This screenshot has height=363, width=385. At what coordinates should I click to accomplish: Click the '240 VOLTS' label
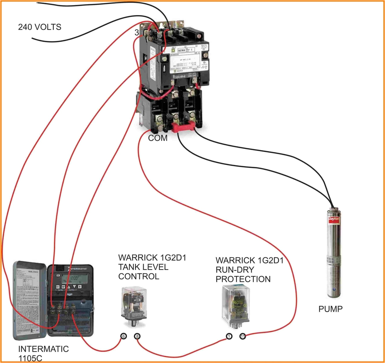(x=39, y=27)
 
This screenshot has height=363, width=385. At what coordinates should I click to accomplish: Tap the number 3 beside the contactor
(x=137, y=33)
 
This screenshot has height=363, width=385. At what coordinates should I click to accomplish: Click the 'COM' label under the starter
(x=158, y=138)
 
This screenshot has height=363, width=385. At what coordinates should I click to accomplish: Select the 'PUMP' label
(x=330, y=309)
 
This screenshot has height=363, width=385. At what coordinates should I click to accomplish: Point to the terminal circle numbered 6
(x=123, y=336)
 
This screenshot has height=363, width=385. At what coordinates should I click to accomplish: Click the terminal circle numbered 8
(x=137, y=336)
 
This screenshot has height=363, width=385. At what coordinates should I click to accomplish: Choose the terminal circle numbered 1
(x=229, y=336)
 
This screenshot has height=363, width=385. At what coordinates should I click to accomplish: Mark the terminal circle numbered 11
(x=243, y=336)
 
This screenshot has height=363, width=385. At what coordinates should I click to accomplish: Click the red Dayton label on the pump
(x=334, y=219)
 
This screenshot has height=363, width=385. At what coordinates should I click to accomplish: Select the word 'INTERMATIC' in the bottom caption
(x=43, y=349)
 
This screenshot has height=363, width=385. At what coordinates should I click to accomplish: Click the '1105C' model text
(x=30, y=358)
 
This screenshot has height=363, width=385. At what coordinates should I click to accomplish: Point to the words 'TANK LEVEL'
(x=143, y=267)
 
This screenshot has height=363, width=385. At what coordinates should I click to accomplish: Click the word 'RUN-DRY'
(x=235, y=270)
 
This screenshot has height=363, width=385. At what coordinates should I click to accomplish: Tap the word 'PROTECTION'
(x=243, y=279)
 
